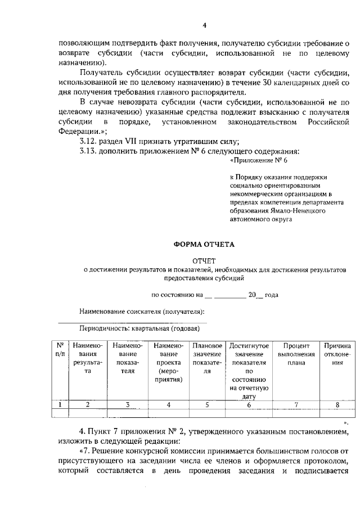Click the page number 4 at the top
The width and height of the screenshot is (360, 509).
pyautogui.click(x=205, y=25)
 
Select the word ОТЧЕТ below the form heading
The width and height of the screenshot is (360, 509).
pyautogui.click(x=204, y=262)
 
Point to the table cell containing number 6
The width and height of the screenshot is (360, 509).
pyautogui.click(x=249, y=404)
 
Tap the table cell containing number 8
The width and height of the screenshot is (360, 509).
pyautogui.click(x=337, y=404)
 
